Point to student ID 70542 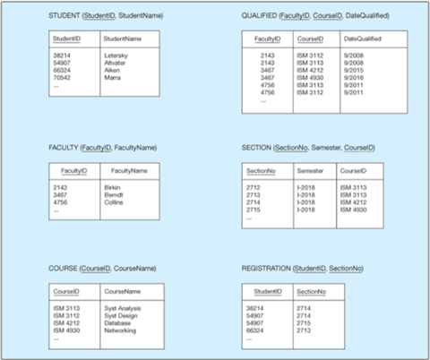63,77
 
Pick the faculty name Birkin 113,187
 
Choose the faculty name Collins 115,201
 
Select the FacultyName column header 129,170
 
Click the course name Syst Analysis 124,308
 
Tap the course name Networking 122,330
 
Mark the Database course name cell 117,322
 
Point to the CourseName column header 123,291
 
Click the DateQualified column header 362,39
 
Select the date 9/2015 354,70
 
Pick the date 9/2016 354,77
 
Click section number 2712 254,187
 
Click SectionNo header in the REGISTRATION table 312,291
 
